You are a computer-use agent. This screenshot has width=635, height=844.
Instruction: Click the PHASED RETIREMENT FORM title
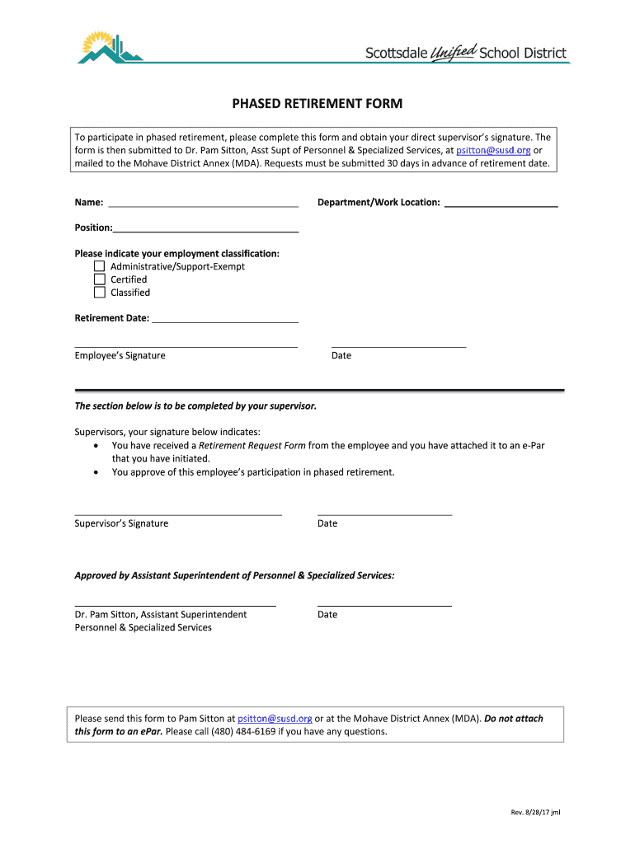coord(317,104)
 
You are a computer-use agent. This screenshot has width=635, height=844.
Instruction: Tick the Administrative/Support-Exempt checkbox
coord(99,266)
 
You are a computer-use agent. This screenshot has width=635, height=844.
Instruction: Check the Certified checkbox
coord(99,279)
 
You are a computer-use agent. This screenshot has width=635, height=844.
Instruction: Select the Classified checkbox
coord(99,293)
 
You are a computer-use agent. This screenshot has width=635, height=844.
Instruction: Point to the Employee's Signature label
coord(120,356)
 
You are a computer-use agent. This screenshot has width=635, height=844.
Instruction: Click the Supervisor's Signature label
coord(121,523)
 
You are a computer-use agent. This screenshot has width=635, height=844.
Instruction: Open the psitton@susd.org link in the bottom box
coord(275,719)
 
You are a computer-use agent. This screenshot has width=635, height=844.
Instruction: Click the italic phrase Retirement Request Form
coord(252,446)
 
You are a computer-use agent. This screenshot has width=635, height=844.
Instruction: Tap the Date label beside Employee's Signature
coord(341,356)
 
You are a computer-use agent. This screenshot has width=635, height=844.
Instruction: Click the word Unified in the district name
coord(454,53)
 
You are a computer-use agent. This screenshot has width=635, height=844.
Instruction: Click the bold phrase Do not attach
coord(514,719)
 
